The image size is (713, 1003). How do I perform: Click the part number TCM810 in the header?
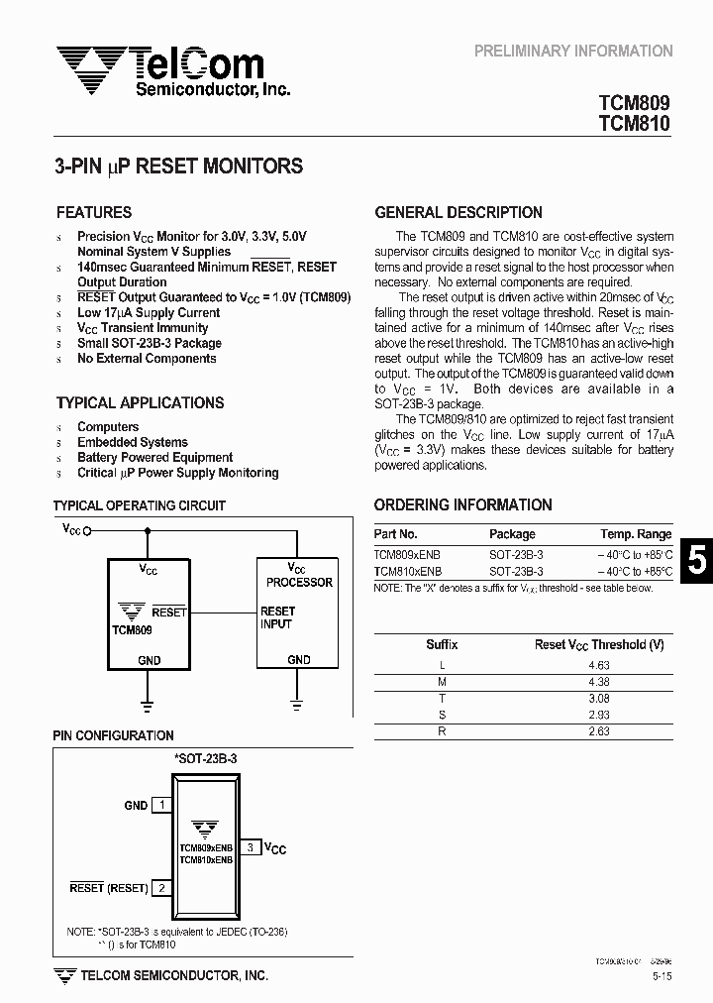tap(634, 124)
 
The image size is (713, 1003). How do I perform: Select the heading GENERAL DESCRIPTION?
tap(458, 212)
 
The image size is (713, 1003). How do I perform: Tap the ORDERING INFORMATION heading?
tap(463, 504)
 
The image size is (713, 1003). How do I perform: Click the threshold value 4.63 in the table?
tap(598, 666)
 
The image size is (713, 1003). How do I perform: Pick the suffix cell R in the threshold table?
tap(442, 730)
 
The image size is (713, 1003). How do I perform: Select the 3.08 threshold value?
tap(598, 699)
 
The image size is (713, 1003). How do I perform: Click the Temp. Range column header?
tap(636, 534)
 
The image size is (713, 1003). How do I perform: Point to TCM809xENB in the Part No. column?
tap(408, 555)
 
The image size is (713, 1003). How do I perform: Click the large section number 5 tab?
tap(697, 561)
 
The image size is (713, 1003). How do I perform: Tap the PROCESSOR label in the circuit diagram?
tap(298, 583)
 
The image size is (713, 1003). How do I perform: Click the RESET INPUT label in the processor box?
tap(277, 617)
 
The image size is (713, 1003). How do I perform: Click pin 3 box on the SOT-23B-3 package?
tap(251, 847)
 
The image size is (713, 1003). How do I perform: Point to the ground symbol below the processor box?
tap(297, 705)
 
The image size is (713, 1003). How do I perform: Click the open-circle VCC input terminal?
tap(87, 531)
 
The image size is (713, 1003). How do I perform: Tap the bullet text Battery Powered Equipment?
tap(154, 458)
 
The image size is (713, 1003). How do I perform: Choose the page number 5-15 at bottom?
tap(662, 977)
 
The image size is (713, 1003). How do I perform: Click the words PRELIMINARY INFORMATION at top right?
tap(573, 51)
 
